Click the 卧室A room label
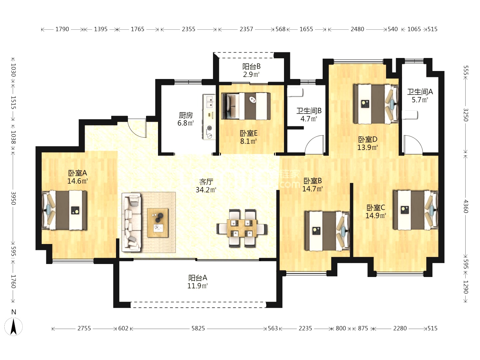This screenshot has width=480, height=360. (x=77, y=173)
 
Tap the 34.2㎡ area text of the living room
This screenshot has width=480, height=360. (x=206, y=190)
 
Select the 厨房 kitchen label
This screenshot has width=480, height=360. (x=186, y=115)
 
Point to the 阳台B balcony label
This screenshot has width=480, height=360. (x=251, y=67)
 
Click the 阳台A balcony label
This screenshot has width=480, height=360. (x=198, y=278)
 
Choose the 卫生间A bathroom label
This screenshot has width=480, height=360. (x=420, y=92)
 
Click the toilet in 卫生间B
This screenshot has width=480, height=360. (x=295, y=92)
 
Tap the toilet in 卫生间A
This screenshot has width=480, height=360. (x=410, y=115)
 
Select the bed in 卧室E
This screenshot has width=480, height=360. (x=246, y=106)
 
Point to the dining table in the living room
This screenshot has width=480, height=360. (x=242, y=228)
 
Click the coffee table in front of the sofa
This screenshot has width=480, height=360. (x=158, y=223)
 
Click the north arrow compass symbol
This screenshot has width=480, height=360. (x=14, y=326)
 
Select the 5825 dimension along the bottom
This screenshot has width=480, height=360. (x=198, y=328)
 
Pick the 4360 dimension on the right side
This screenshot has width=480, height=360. (x=466, y=206)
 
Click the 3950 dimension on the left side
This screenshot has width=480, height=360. (x=13, y=198)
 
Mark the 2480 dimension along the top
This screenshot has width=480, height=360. (x=357, y=29)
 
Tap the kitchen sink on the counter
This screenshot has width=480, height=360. (x=209, y=102)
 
